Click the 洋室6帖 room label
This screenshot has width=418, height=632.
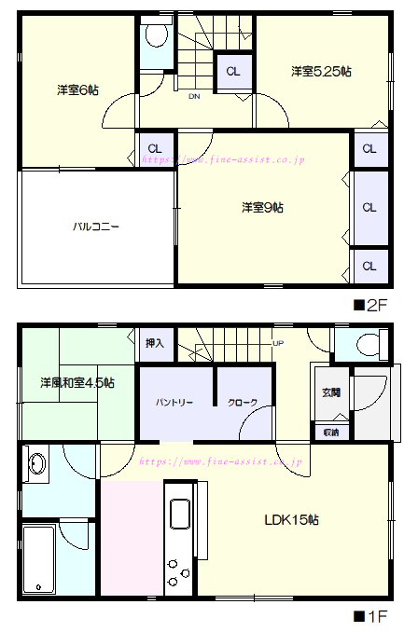click(78, 89)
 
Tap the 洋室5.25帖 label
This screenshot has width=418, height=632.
click(320, 71)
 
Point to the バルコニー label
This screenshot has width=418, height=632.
click(97, 227)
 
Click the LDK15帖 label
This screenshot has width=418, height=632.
click(289, 519)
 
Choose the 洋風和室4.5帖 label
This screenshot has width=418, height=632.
click(77, 383)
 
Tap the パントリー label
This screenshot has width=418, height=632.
click(174, 403)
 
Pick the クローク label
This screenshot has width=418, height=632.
click(243, 403)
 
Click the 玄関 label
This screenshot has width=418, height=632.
click(331, 392)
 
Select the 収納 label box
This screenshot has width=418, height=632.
click(331, 433)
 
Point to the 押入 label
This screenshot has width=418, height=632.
click(155, 343)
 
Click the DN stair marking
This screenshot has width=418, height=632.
click(194, 96)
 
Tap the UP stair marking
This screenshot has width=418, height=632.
click(277, 343)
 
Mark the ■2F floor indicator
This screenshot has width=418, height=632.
click(370, 304)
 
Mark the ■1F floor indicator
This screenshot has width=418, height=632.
click(370, 616)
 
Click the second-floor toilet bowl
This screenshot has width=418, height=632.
click(155, 37)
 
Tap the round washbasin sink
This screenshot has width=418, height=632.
click(37, 463)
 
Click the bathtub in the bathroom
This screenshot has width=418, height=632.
click(38, 559)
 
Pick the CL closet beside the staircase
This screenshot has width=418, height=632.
click(232, 71)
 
